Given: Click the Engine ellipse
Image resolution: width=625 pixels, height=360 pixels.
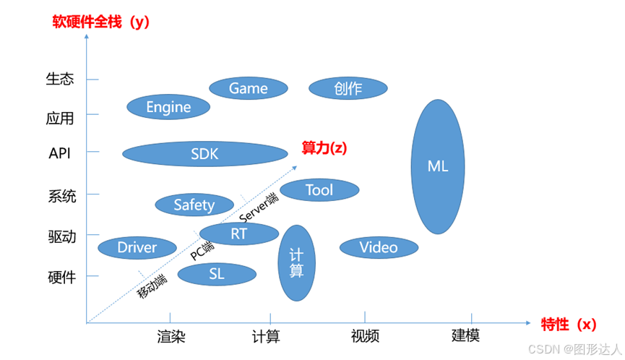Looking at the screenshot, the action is point(168,107).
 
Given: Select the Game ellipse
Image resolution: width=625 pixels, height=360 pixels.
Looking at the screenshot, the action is point(248,88).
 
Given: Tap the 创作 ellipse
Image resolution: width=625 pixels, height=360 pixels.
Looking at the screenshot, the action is point(348,88).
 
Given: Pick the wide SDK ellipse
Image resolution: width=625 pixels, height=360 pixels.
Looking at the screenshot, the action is point(204,154).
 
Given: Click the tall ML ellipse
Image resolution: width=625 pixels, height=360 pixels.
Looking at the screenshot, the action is point(437,166).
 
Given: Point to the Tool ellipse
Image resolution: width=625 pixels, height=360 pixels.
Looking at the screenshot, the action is point(319,190).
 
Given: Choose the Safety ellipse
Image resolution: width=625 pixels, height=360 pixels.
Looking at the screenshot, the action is point(194,205).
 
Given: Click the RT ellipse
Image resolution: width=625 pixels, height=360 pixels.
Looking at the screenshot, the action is point(238,233).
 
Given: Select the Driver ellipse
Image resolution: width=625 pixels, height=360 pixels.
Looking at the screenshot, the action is point(137,248).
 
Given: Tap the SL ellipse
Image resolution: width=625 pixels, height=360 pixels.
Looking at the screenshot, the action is point(217,274).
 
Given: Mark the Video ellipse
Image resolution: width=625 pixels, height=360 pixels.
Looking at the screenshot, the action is point(379,247).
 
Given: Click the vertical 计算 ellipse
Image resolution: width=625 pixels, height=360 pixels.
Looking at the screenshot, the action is point(296,263).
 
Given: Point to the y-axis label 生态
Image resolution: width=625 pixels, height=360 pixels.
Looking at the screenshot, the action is point(60,79).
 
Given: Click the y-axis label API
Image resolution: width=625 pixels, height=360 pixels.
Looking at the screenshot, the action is point(59,154).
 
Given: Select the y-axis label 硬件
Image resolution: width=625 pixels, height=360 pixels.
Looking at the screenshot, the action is point(61,277).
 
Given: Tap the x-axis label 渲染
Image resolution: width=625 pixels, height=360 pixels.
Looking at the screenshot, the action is point(171,336).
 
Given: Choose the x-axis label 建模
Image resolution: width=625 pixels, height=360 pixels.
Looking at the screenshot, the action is point(465,335).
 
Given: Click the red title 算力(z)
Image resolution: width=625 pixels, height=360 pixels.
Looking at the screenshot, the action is point(324,147).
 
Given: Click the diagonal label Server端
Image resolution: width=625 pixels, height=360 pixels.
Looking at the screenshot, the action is point(258,207).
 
